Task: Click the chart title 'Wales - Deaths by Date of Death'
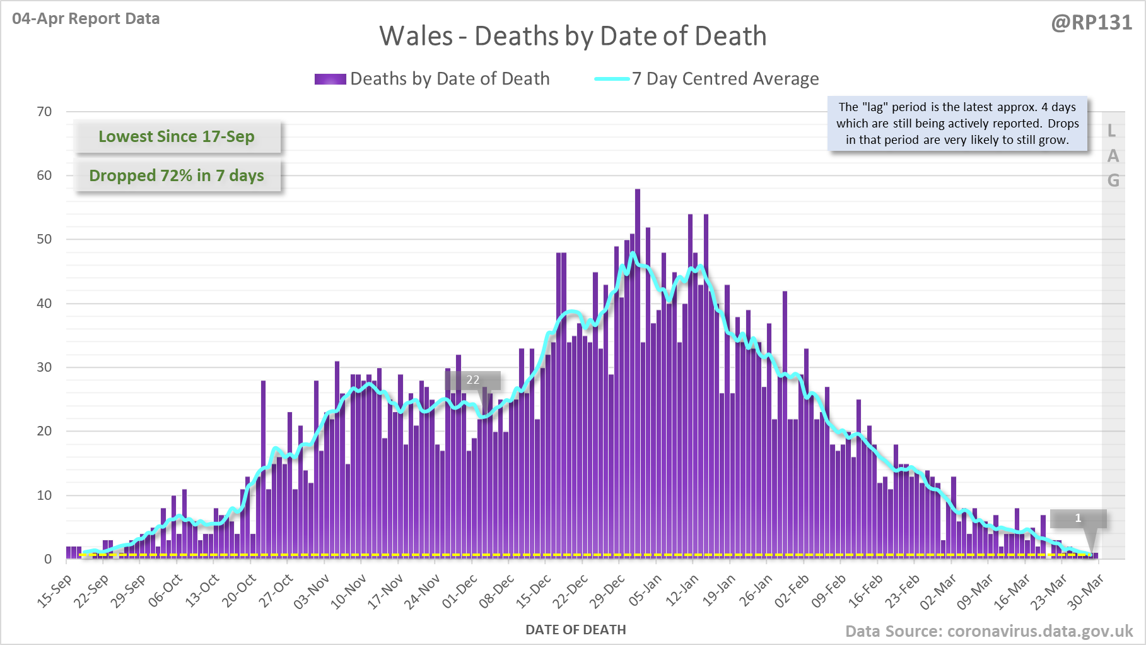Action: (x=573, y=36)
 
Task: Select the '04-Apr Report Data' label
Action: (x=86, y=19)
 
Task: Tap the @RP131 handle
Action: (x=1091, y=23)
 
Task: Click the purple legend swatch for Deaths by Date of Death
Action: (x=330, y=79)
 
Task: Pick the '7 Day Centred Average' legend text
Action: (x=725, y=79)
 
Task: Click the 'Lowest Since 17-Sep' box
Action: (x=177, y=136)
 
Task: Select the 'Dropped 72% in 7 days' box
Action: (x=177, y=175)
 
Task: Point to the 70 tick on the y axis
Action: (x=44, y=112)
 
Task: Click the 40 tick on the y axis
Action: (x=44, y=304)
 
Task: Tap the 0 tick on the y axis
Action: (x=48, y=559)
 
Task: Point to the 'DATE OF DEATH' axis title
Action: (x=575, y=630)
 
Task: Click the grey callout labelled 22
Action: (x=473, y=380)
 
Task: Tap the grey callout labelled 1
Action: (x=1078, y=518)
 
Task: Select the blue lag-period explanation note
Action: (x=957, y=124)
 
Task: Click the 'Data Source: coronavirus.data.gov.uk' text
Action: (x=989, y=631)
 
